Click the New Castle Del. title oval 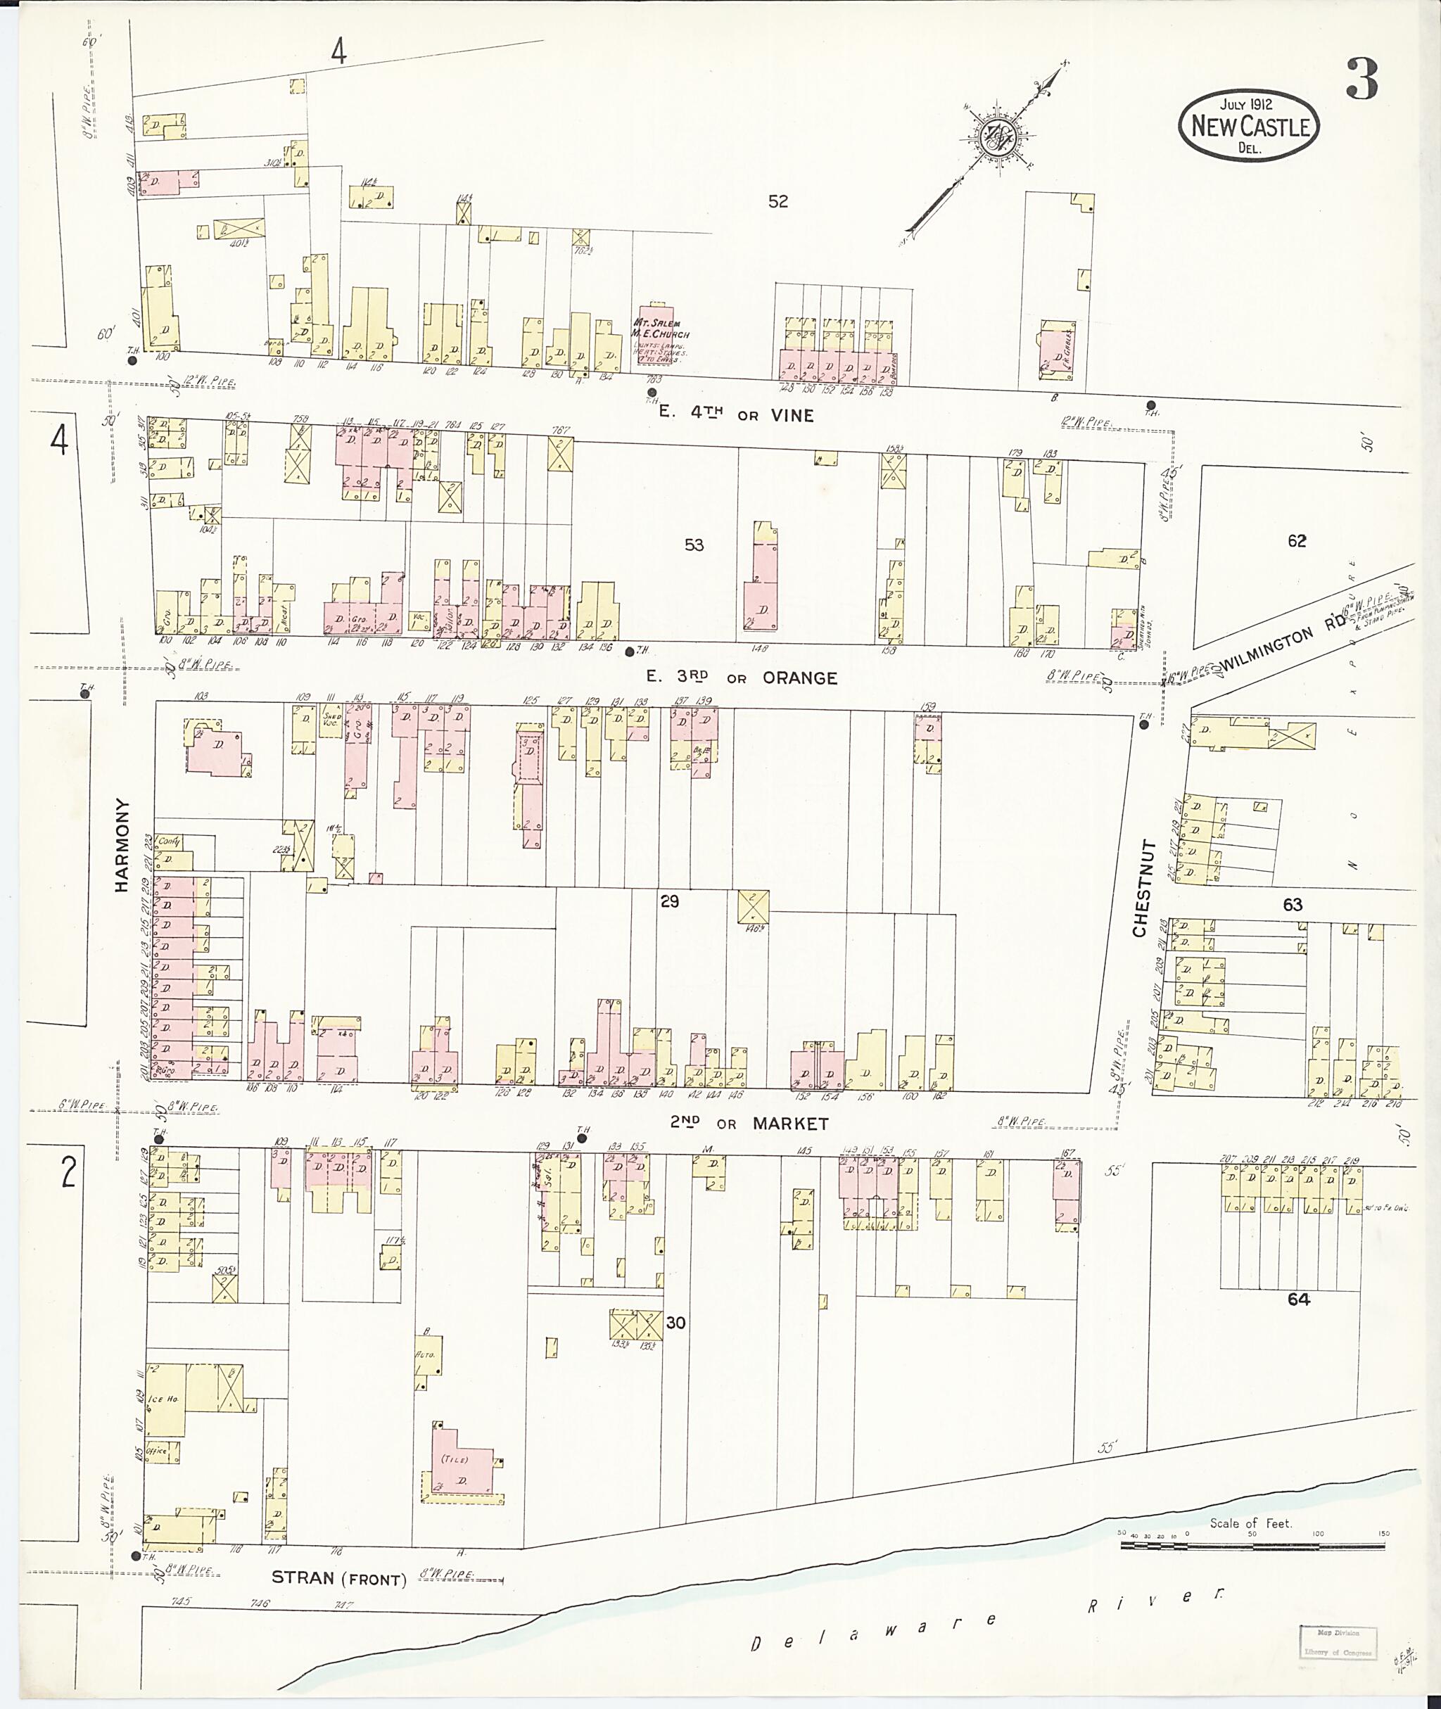[x=1249, y=126]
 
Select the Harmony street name [x=122, y=845]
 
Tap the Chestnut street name [x=1141, y=888]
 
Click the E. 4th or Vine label [x=736, y=415]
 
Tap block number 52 [x=777, y=201]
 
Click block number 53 [x=694, y=545]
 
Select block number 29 [x=670, y=902]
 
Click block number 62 [x=1297, y=541]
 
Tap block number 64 [x=1298, y=1299]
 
